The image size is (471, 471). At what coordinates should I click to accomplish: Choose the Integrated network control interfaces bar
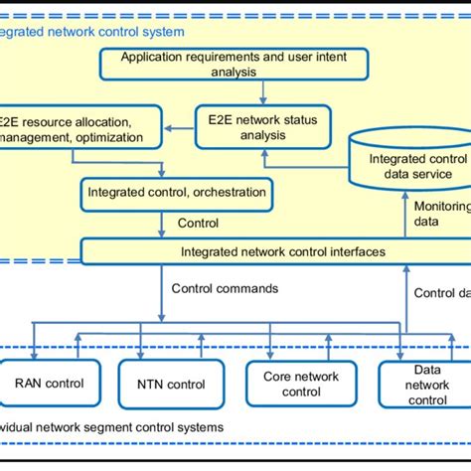coord(282,251)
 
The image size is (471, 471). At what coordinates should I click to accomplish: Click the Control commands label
coord(225,289)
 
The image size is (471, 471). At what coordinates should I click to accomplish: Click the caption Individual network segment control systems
coord(109,426)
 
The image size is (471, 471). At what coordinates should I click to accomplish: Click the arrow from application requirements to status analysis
coord(261,91)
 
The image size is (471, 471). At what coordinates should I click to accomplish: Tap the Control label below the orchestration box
coord(198,224)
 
